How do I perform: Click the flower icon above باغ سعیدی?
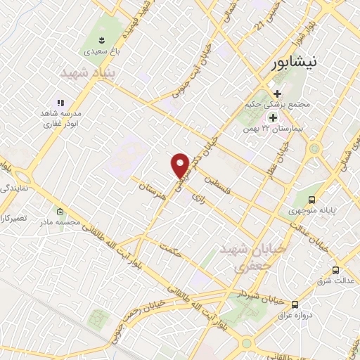(101, 38)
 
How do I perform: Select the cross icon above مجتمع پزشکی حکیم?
(278, 93)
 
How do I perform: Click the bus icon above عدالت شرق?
(335, 270)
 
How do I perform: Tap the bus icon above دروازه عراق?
(295, 304)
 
